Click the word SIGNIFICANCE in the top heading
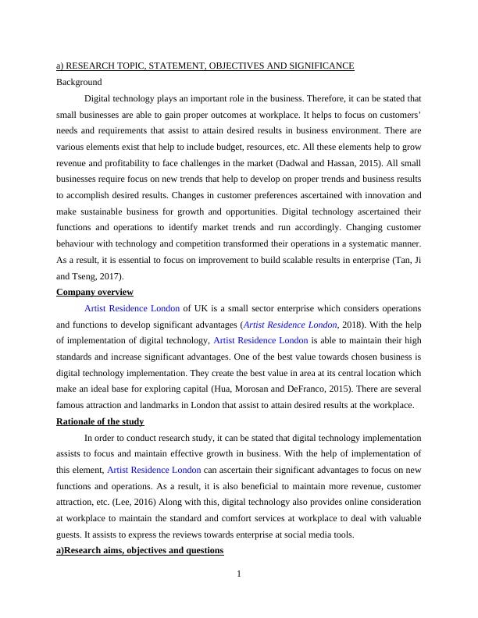pos(320,66)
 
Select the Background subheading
pos(79,81)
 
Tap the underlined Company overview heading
pos(95,292)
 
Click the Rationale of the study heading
pos(101,421)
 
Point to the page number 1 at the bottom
pos(239,575)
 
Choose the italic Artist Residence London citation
pos(291,324)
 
